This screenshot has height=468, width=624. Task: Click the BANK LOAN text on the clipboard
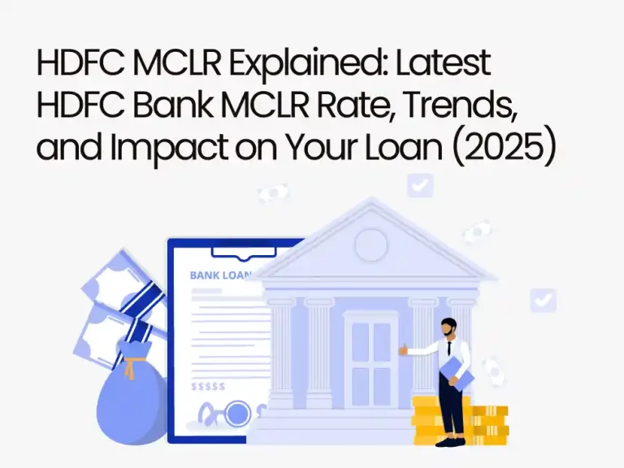[x=219, y=275]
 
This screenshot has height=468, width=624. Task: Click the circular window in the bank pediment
[x=371, y=244]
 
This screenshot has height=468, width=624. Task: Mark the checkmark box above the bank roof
[x=420, y=184]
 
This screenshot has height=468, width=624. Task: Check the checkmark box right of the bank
[x=543, y=300]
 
